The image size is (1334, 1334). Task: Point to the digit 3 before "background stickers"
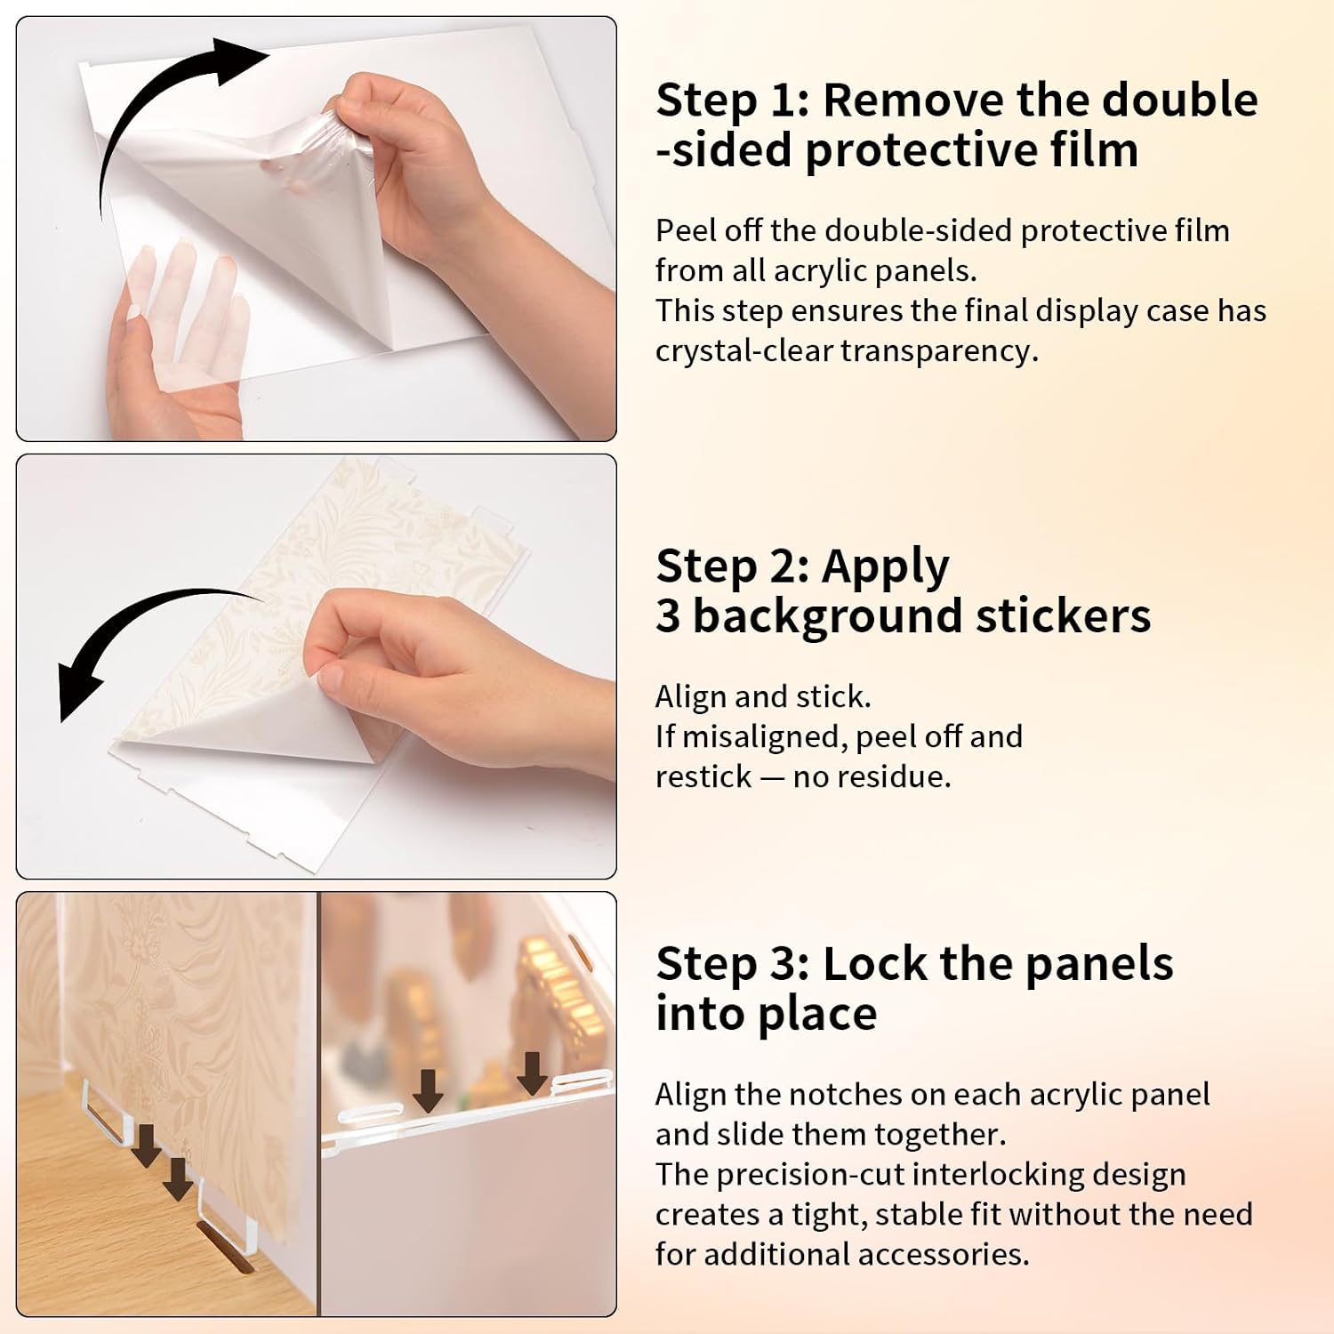(668, 615)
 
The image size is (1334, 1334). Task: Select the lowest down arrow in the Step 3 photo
(178, 1178)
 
